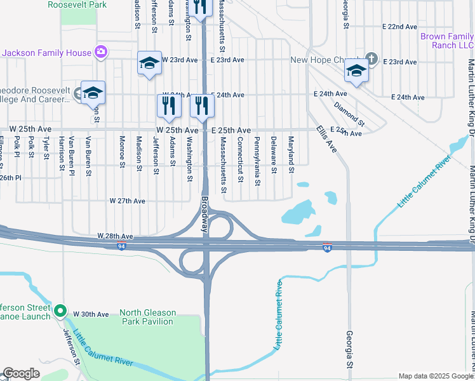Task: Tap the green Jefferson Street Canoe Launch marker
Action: point(60,311)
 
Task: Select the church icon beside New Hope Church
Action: point(371,60)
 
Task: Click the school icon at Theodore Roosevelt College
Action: point(93,93)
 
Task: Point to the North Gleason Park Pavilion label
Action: point(147,316)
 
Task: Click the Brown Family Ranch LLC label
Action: point(447,41)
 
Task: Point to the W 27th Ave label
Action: point(127,201)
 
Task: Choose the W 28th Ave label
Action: point(116,236)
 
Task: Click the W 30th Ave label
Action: point(91,314)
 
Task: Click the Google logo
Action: point(22,374)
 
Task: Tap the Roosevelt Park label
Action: point(77,4)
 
